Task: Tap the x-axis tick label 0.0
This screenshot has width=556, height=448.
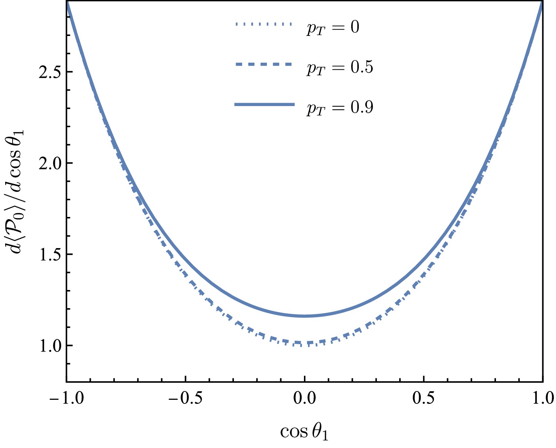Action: click(304, 398)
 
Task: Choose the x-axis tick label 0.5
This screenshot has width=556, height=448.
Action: click(424, 398)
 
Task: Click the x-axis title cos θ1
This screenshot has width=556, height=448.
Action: click(304, 432)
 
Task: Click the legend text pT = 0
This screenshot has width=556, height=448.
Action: click(332, 28)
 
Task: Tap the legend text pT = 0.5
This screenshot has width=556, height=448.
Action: click(339, 67)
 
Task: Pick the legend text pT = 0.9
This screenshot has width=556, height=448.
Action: click(339, 107)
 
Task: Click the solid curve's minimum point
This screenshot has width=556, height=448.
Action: click(304, 316)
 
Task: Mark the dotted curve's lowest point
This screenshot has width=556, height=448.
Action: click(304, 346)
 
